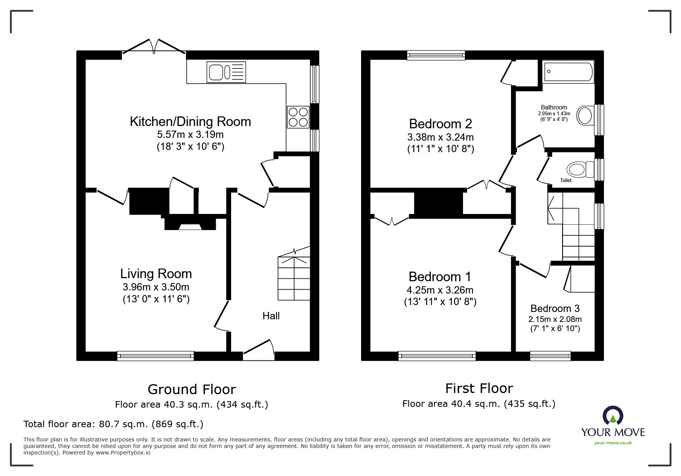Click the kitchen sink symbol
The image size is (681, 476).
point(226,72)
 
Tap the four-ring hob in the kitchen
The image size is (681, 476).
point(298,117)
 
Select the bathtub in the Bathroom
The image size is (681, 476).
point(568,71)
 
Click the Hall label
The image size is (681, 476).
point(271,316)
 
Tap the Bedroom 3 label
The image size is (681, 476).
point(555,308)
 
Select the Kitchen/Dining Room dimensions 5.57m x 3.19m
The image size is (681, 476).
point(190,135)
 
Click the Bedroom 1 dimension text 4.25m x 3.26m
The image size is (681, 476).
point(440,290)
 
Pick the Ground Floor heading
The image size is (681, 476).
point(191,389)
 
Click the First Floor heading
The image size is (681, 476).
point(479,388)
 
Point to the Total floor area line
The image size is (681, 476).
point(113,424)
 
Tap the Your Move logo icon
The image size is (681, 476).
point(613,416)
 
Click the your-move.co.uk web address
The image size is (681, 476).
point(613,443)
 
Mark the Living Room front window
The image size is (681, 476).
point(155,356)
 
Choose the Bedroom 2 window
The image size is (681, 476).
point(436,55)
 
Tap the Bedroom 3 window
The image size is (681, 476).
point(550,356)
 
